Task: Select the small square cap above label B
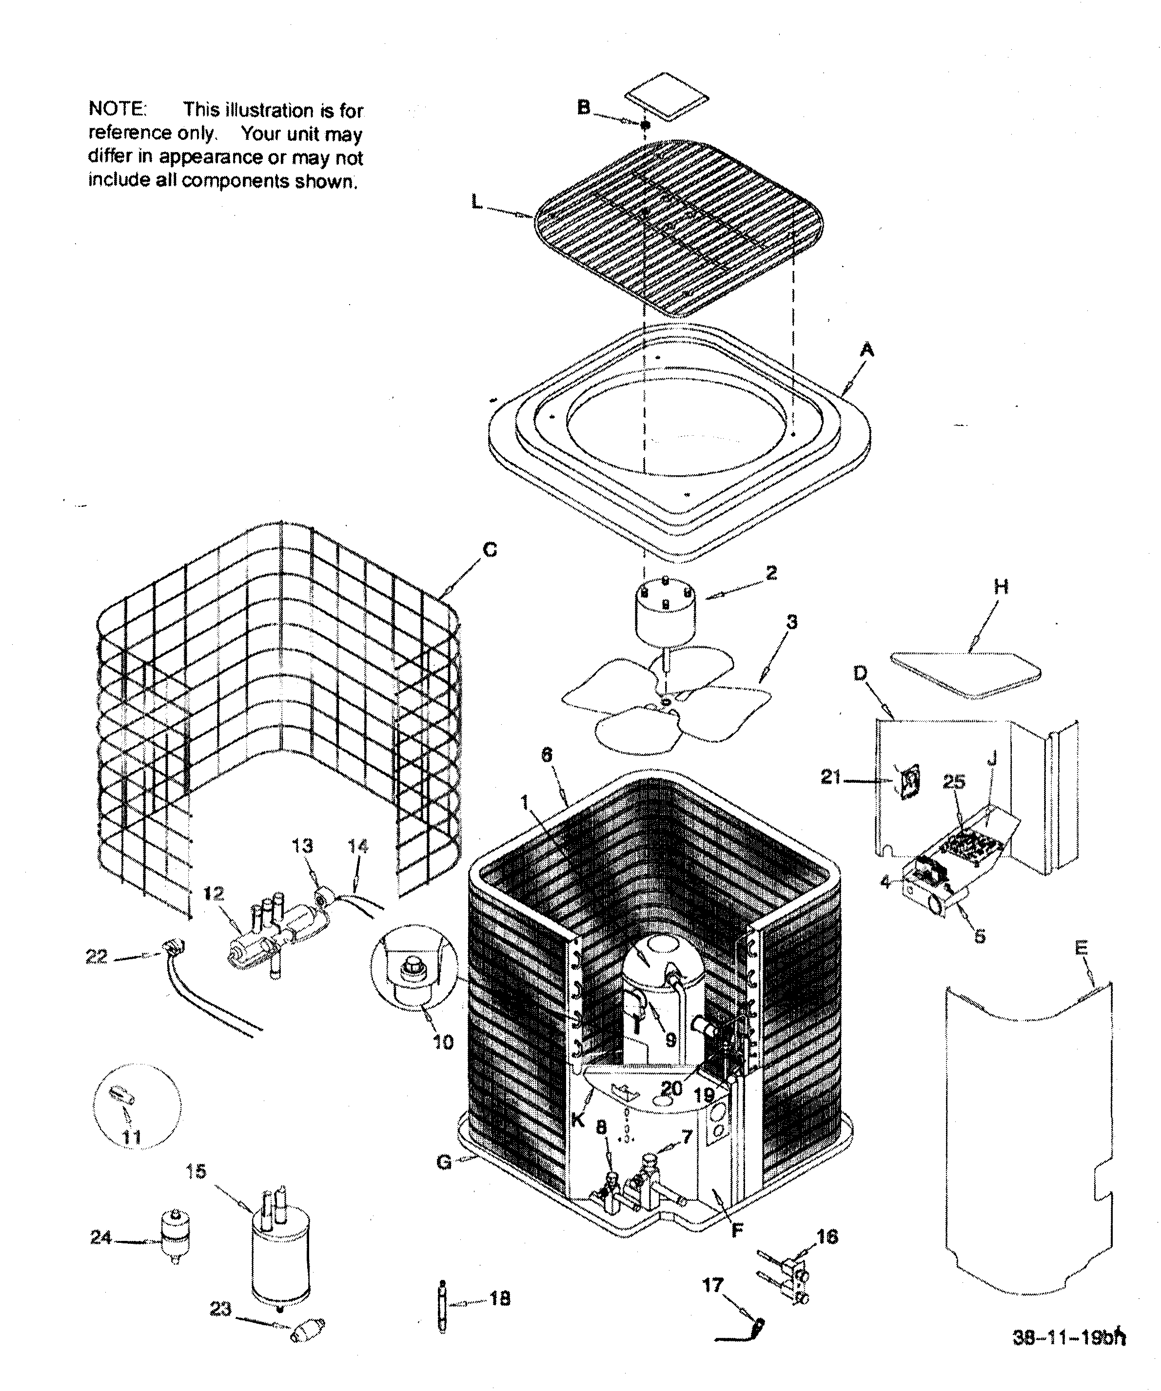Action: [668, 97]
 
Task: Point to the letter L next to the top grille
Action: [476, 203]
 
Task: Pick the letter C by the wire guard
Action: [490, 550]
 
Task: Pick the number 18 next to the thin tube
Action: [500, 1299]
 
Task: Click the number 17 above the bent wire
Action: [712, 1286]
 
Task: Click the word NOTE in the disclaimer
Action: [117, 109]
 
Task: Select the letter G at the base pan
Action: [445, 1181]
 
